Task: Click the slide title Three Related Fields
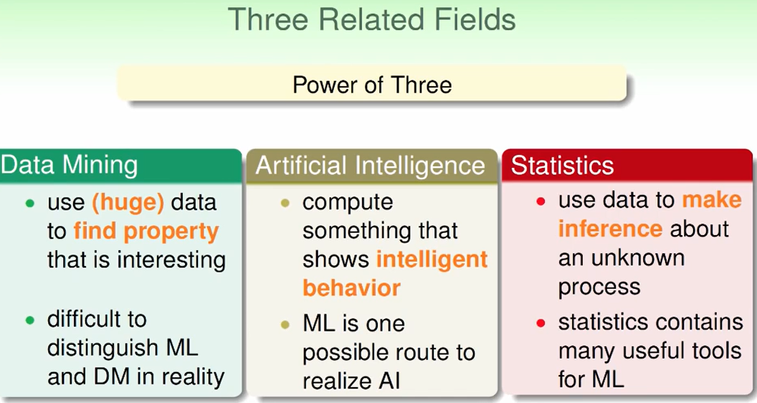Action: point(372,19)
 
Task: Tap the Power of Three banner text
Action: point(372,85)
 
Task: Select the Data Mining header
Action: point(69,165)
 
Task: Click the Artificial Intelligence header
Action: point(371,166)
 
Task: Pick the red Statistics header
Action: point(563,165)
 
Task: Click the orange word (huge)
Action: point(128,202)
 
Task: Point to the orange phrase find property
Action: point(146,232)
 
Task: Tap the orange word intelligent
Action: point(432,260)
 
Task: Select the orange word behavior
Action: point(351,288)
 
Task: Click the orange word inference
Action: point(610,228)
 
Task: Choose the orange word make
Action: point(712,199)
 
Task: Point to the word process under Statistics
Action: point(599,288)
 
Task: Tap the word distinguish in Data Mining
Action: point(103,349)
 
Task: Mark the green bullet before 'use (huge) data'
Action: point(30,204)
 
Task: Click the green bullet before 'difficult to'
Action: point(30,320)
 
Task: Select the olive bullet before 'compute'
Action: point(285,204)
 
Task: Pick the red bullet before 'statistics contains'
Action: point(541,323)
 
